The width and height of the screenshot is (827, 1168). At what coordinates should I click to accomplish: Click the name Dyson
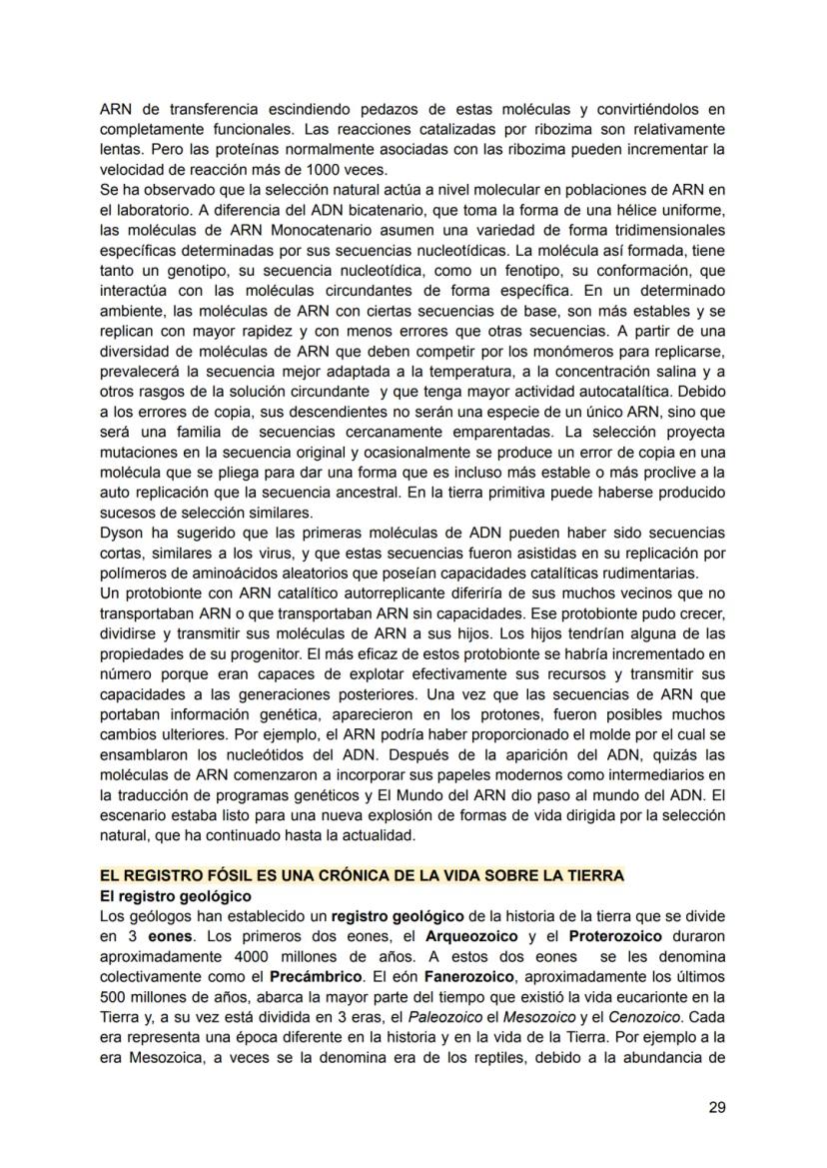124,533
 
